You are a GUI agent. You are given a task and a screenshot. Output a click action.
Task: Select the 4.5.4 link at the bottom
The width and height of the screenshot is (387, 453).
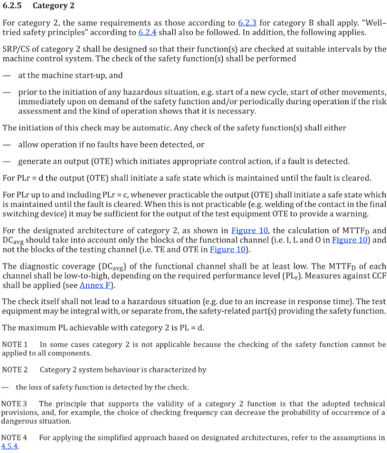coord(10,446)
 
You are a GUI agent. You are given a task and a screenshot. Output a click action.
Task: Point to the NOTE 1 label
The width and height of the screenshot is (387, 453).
coord(15,345)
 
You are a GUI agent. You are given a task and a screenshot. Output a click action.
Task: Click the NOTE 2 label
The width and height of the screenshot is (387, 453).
coord(15,369)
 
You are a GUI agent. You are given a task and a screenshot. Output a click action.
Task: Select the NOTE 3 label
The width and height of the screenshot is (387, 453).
coord(15,404)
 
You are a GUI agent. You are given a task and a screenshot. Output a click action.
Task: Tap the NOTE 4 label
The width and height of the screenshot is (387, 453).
coord(15,437)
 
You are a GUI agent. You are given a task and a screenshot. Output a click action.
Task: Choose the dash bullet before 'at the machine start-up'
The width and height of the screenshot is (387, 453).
coord(6,76)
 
